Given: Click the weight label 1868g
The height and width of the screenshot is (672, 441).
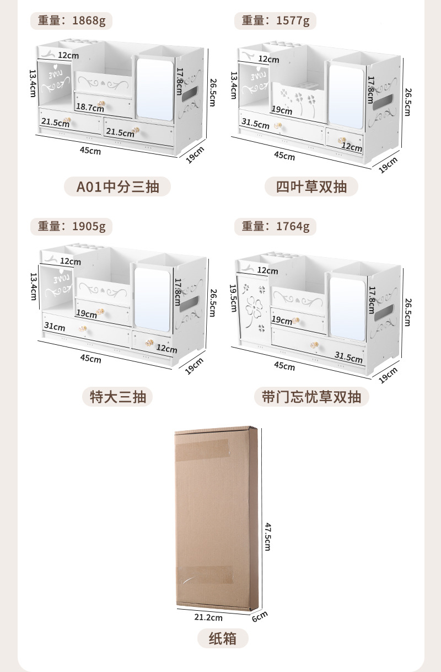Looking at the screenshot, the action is coord(71,21).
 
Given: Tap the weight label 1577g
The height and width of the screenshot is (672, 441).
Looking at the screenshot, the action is coord(275,21).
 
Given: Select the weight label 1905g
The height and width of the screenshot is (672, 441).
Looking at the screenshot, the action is coord(71,226).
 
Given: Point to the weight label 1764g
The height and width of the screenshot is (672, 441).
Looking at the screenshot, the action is coord(275,226).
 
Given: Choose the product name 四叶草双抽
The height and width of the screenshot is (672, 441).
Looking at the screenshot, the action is coord(311,187).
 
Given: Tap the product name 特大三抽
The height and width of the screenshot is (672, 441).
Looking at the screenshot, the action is coord(117,397).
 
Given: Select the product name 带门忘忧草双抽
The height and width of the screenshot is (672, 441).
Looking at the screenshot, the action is coord(311,397).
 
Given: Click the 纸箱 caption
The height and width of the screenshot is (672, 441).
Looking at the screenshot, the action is coord(223,639).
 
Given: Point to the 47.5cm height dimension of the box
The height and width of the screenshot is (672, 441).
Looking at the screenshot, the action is coord(268,536).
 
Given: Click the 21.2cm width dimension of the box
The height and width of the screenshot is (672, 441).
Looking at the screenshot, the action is coord(210,617).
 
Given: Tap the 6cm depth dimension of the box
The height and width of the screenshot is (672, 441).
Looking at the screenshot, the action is coord(260,616).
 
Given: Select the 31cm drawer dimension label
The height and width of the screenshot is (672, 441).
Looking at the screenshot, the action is coord(55,327).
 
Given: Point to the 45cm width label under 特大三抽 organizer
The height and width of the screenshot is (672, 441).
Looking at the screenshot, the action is coord(91,359).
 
